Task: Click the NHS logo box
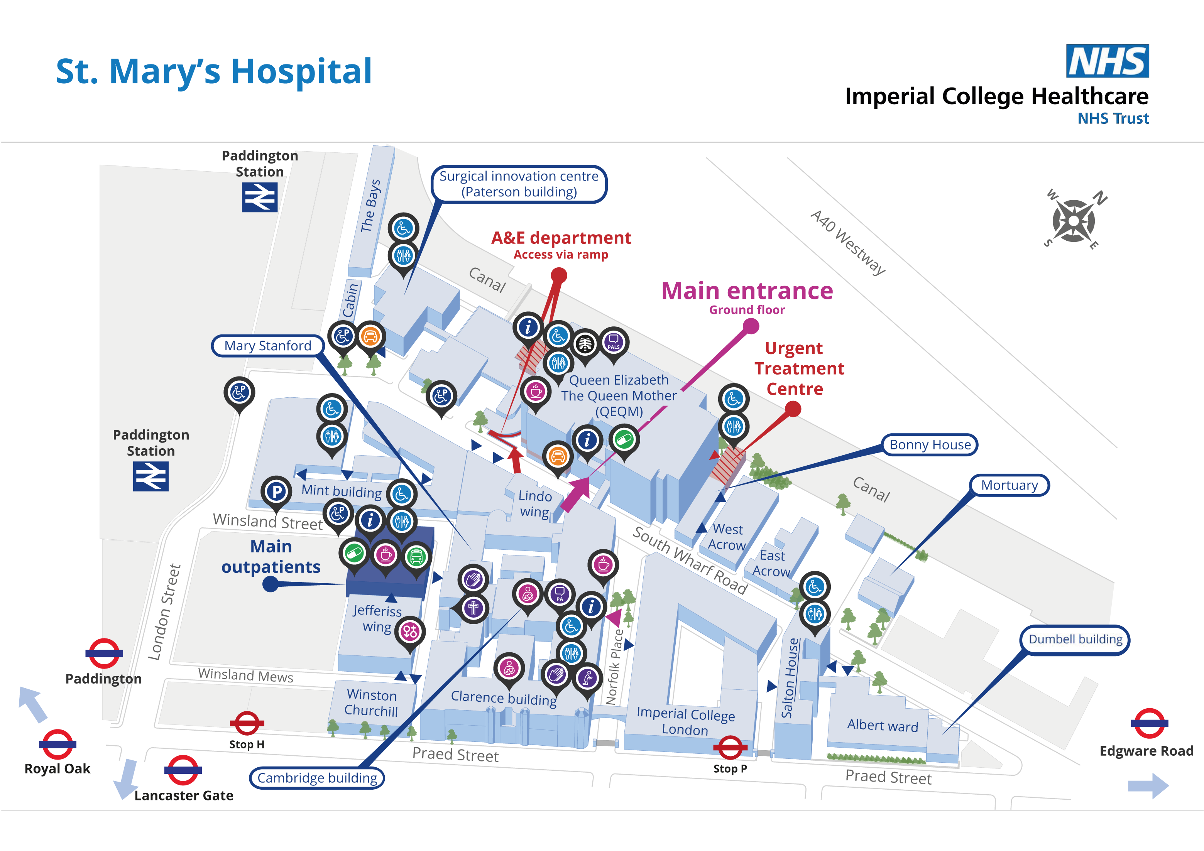tap(1107, 61)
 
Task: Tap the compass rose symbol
tap(1074, 221)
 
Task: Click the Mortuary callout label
tap(1009, 485)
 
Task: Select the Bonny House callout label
tap(929, 445)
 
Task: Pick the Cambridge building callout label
tap(317, 778)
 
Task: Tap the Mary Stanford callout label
tap(267, 346)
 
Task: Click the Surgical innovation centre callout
tap(519, 184)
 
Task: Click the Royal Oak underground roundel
tap(57, 744)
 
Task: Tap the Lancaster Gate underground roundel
tap(183, 770)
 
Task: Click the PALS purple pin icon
tap(614, 343)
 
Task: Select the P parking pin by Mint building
tap(276, 491)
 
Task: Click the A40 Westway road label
tap(847, 242)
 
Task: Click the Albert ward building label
tap(882, 726)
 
